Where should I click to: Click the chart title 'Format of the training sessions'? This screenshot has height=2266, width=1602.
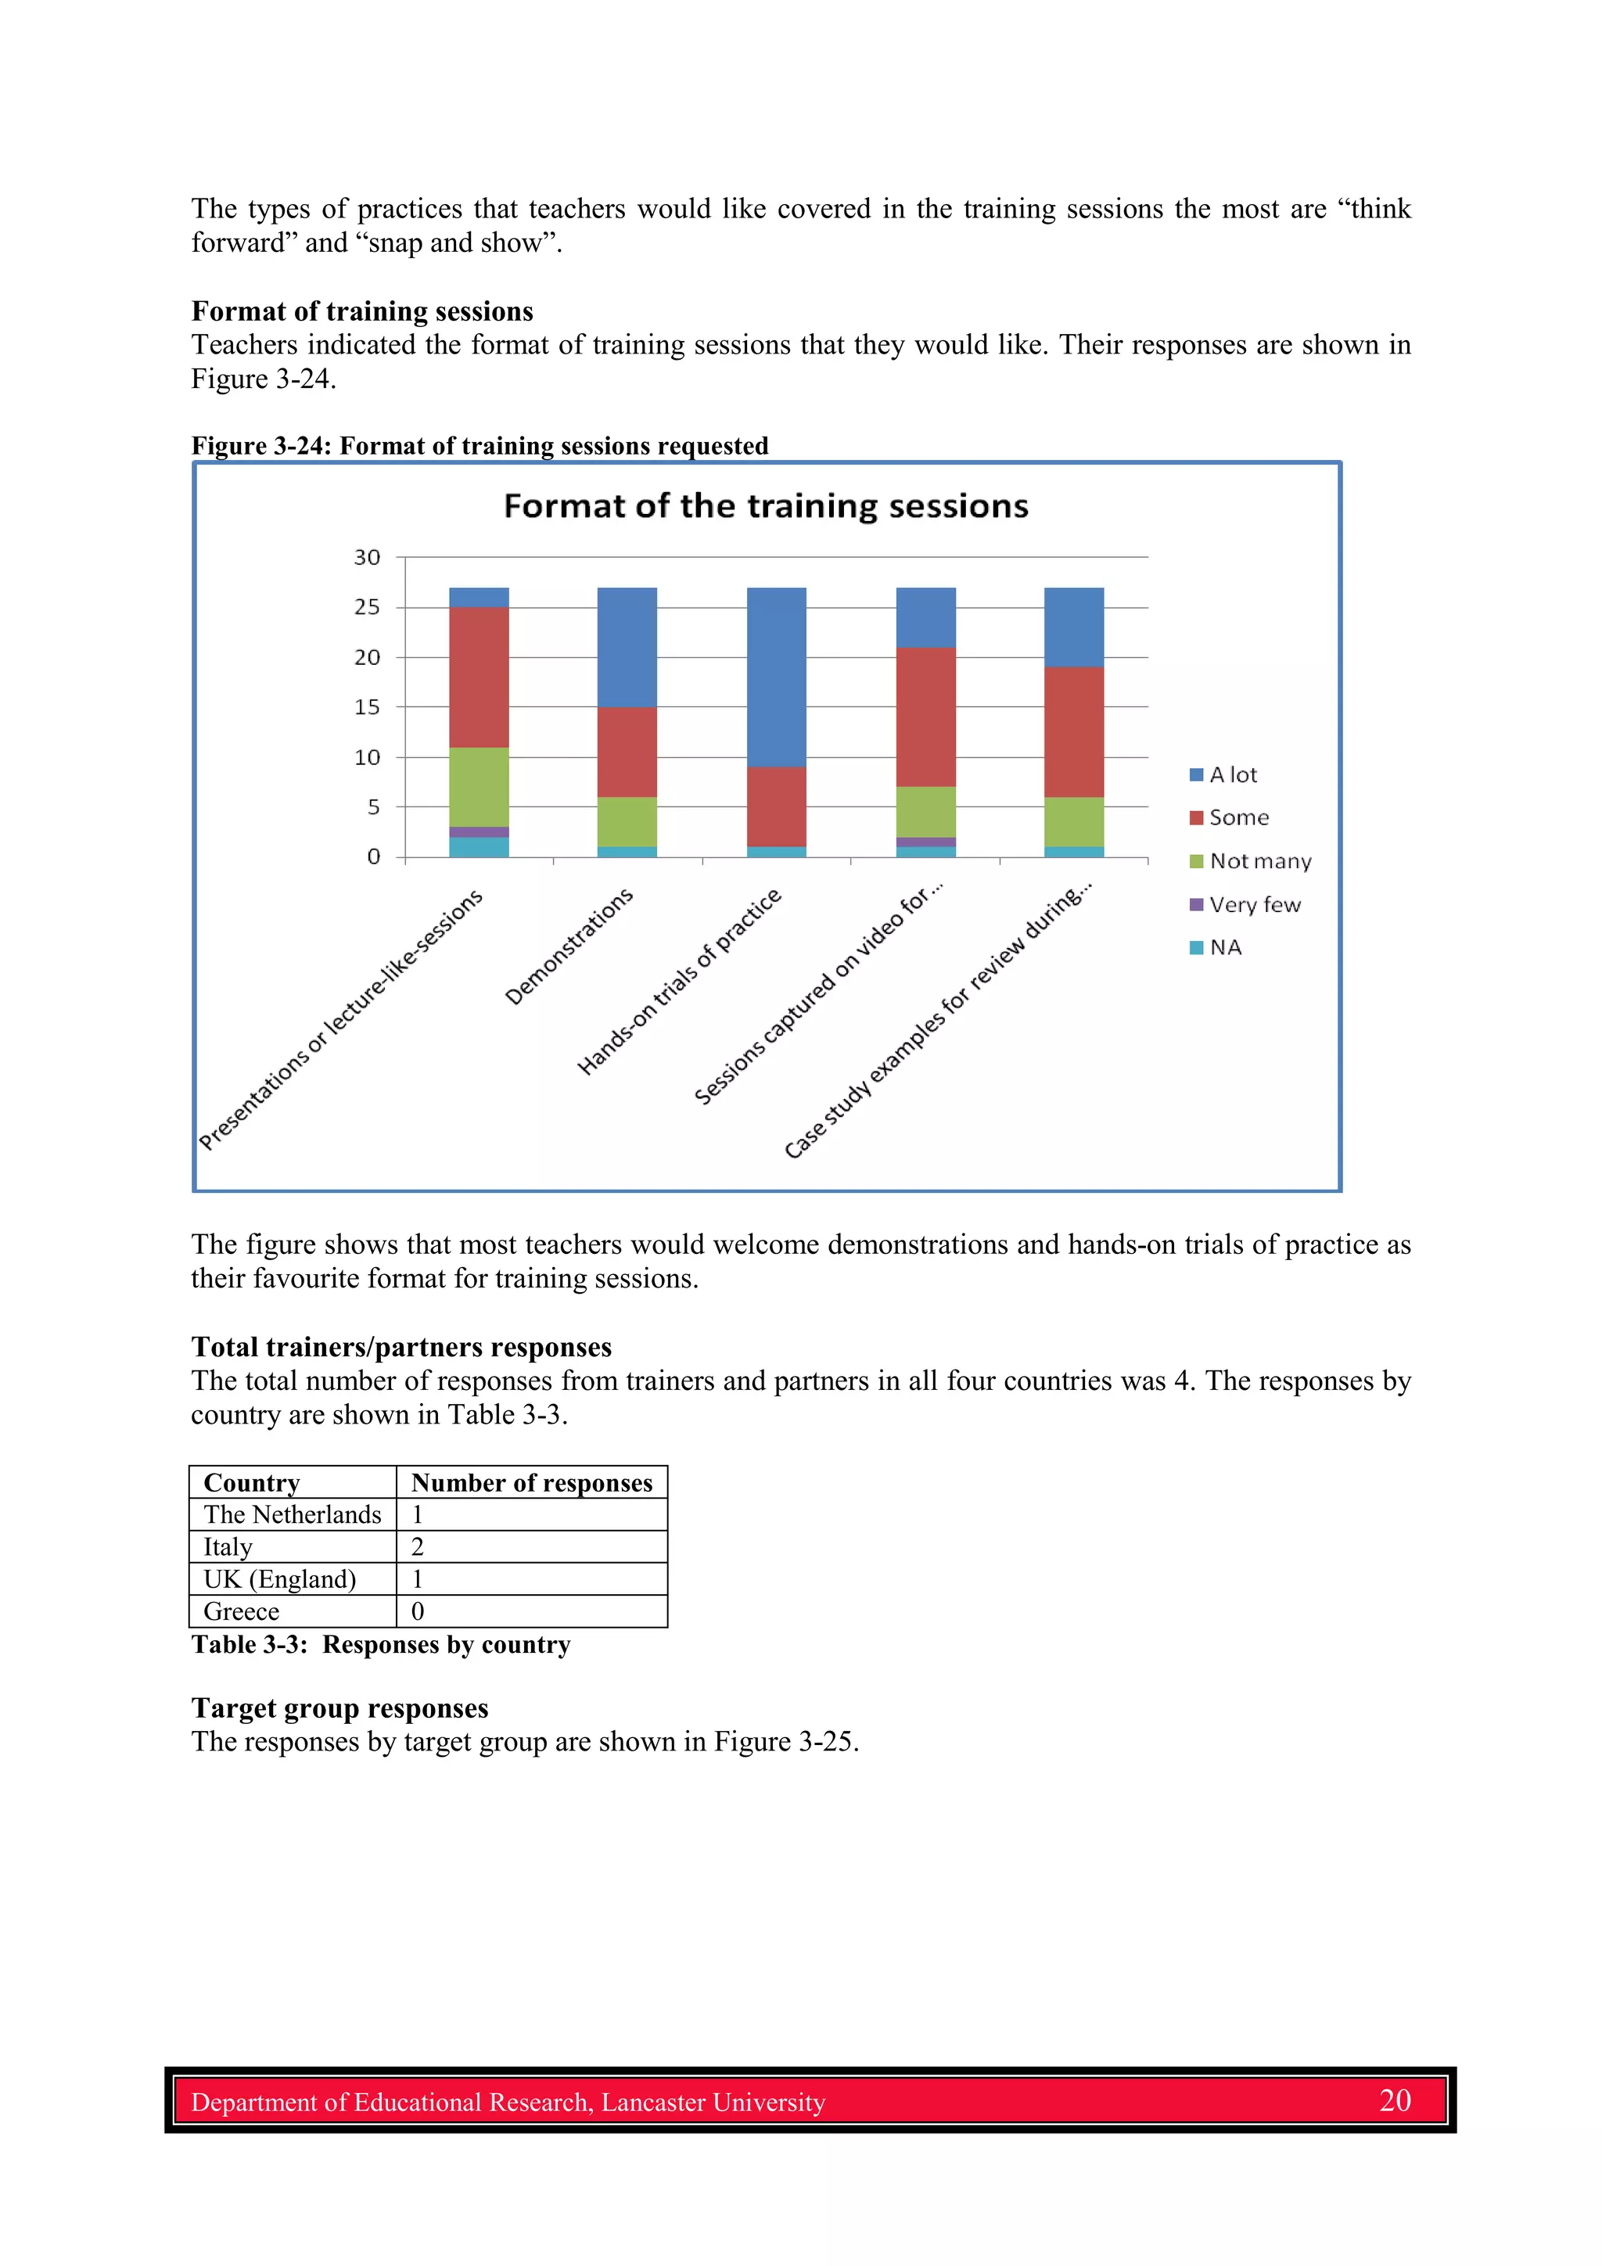766,506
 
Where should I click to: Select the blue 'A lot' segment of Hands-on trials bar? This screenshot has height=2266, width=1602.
776,677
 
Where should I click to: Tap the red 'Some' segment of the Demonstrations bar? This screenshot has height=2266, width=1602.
627,751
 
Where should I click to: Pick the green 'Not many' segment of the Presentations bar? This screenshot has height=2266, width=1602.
479,787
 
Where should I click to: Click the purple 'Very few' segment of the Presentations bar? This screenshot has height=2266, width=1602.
479,832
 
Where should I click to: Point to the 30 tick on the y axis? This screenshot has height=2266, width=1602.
367,558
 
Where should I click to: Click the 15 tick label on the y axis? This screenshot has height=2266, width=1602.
367,708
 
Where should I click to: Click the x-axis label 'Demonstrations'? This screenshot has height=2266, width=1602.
569,946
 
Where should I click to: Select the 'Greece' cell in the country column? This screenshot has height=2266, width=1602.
242,1611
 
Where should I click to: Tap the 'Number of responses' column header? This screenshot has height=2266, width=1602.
531,1482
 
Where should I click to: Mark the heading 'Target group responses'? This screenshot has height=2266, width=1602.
339,1708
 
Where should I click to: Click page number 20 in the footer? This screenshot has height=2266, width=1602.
1394,2100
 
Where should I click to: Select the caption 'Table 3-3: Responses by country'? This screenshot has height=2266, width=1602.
381,1645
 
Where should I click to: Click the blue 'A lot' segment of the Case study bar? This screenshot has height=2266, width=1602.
1074,627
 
